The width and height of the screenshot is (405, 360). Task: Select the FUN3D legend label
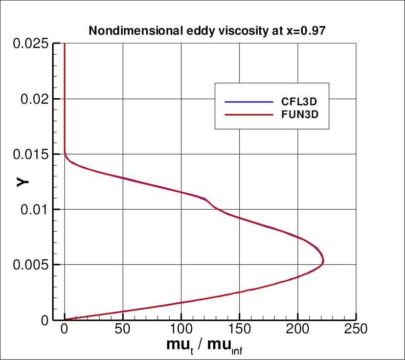click(299, 116)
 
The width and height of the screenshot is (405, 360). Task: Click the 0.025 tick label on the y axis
click(32, 43)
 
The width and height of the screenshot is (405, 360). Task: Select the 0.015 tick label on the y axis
click(32, 154)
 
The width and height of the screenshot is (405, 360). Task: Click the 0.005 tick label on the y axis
click(32, 264)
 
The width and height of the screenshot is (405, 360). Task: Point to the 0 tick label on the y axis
click(45, 320)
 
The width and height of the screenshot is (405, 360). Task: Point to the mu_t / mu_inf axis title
click(207, 346)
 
